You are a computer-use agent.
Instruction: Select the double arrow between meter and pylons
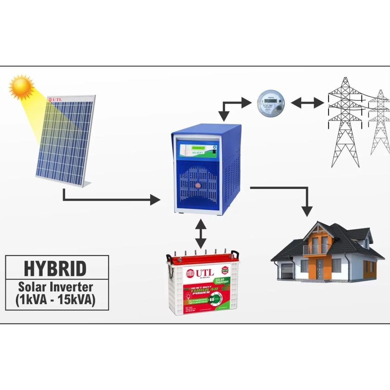[307, 103]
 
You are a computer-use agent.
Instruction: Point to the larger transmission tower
[345, 119]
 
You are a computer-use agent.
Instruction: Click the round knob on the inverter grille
[198, 186]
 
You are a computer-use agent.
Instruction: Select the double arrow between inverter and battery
[199, 233]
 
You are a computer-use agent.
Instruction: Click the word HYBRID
[55, 269]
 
